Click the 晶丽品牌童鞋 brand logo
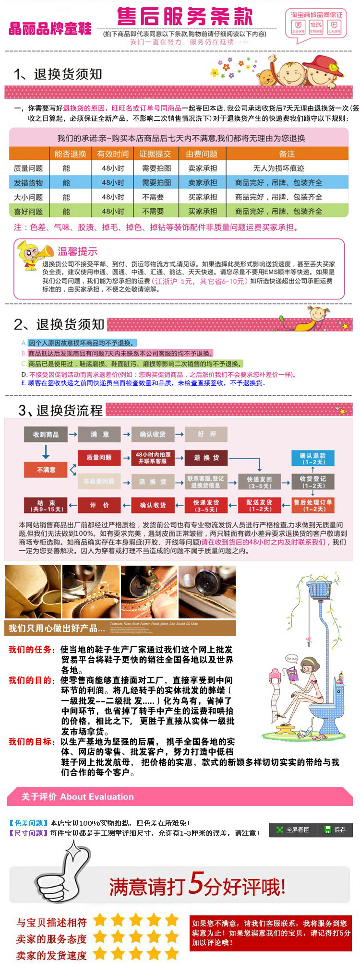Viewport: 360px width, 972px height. [x=50, y=28]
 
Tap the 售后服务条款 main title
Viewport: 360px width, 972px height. [x=185, y=17]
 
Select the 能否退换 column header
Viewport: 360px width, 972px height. [x=70, y=154]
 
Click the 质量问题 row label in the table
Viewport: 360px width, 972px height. [x=28, y=168]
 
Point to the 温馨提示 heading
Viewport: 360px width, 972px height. [x=77, y=251]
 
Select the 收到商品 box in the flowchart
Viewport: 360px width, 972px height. [x=46, y=434]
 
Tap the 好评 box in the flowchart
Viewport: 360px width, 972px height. [x=206, y=434]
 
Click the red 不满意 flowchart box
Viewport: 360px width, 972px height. [x=46, y=470]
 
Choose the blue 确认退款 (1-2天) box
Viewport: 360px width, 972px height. [x=312, y=458]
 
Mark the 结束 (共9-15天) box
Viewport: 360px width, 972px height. [x=46, y=505]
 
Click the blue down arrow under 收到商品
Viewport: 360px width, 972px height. [x=46, y=451]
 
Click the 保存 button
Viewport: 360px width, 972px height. [x=336, y=830]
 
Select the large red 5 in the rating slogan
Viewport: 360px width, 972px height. [x=197, y=882]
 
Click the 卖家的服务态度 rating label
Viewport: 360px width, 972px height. [x=51, y=939]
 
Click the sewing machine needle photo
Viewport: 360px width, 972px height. [x=91, y=592]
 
